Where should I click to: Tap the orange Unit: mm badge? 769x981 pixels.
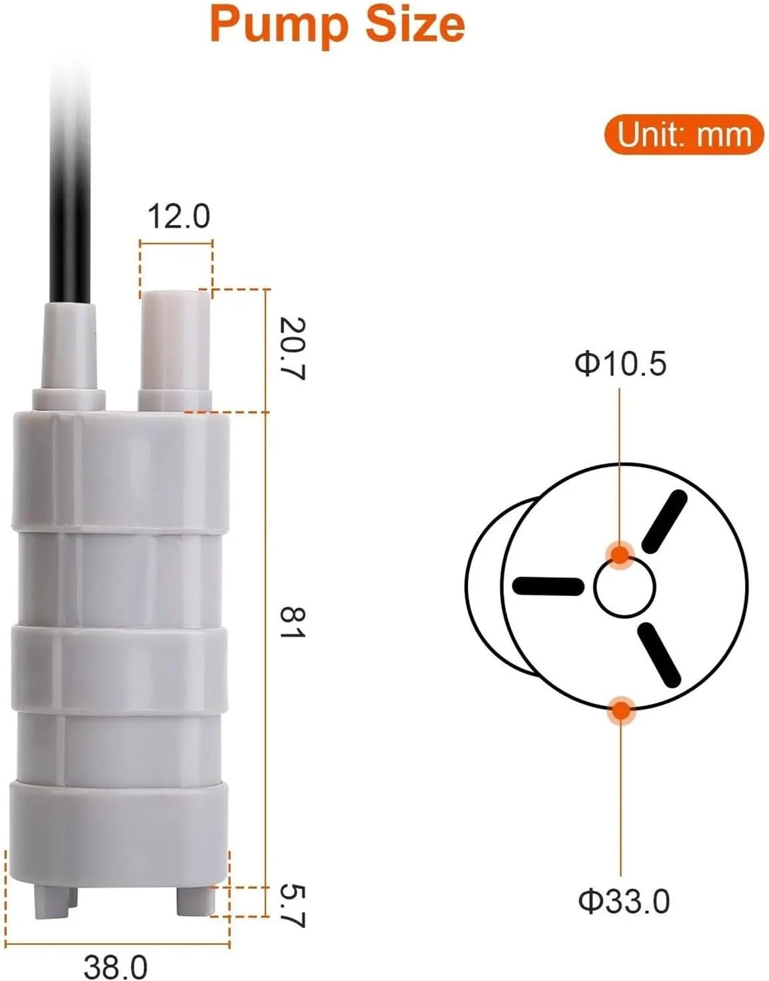684,135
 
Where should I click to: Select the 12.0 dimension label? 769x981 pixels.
178,216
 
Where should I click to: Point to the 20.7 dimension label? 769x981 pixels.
291,349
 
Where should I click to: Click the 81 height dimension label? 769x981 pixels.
291,622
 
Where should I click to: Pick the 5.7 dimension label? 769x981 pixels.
291,905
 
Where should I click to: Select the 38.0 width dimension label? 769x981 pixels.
115,966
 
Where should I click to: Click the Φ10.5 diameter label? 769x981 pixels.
620,364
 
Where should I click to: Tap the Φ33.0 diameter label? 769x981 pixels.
624,901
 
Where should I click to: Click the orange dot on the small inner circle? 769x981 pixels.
620,553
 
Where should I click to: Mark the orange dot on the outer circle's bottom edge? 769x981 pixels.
621,711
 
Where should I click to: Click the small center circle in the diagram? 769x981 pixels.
624,588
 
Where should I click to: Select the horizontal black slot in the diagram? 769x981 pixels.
548,586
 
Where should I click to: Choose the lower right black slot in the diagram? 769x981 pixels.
659,655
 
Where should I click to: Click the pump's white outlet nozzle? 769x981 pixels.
175,346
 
